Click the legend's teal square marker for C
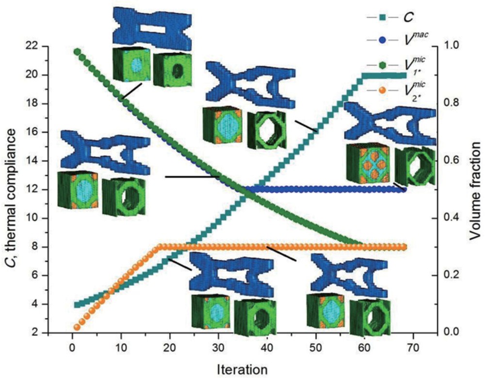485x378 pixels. (x=382, y=17)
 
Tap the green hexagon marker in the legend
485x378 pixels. (x=382, y=66)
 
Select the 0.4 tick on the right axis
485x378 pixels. (x=452, y=218)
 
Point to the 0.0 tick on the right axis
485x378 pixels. (x=452, y=333)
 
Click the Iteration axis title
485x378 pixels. (x=242, y=370)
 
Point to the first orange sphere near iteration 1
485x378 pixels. (x=77, y=327)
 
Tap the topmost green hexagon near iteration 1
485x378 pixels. (x=77, y=51)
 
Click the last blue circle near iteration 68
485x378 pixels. (x=403, y=189)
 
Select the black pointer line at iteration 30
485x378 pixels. (x=193, y=177)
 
